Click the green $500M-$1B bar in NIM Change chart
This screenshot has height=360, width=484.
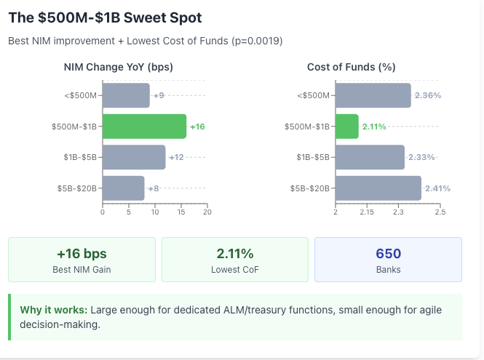[x=144, y=127]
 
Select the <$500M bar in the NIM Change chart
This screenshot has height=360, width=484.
[x=126, y=95]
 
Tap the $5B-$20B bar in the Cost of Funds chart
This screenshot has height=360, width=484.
[x=378, y=188]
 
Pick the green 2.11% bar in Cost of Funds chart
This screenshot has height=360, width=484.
[x=347, y=127]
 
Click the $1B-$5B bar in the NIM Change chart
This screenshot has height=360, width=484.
[x=134, y=157]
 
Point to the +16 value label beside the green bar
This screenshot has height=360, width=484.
[x=197, y=127]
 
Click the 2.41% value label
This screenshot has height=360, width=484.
[x=437, y=188]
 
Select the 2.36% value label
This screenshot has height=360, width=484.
[x=428, y=95]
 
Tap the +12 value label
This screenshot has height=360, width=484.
[x=176, y=157]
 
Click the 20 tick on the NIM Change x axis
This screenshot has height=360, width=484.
[x=207, y=212]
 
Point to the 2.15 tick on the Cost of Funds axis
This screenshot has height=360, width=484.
[x=367, y=212]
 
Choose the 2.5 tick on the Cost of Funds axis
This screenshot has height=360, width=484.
[x=440, y=212]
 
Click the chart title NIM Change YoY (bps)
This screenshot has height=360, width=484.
[x=119, y=67]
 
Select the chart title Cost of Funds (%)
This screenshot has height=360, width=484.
[x=351, y=67]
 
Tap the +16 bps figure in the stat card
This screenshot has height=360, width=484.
[x=82, y=254]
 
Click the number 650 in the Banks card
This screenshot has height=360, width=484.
[x=388, y=254]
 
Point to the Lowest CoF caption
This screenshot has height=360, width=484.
[x=234, y=270]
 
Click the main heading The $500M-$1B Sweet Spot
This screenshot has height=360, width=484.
[x=105, y=17]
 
